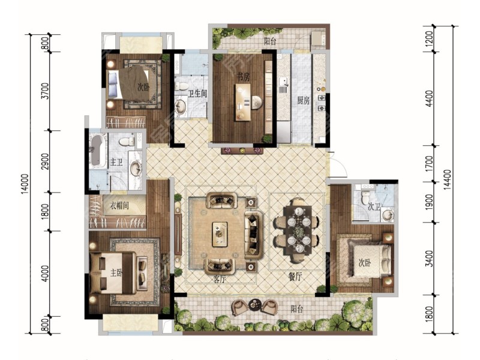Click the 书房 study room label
coord(243,77)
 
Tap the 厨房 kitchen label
coord(304,100)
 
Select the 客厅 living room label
coord(219,279)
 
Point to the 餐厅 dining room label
coord(295,277)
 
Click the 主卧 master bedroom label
coord(116,273)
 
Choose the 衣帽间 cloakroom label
coord(119,205)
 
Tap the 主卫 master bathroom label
coord(116,162)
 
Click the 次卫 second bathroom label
coord(374,207)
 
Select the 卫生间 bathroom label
coord(197,94)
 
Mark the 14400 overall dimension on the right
coord(447,179)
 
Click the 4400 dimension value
coord(430,98)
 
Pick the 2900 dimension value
coord(45,161)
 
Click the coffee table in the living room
coord(220,234)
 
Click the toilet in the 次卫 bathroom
coord(365,198)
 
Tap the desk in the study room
coord(243,102)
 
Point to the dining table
coord(298,230)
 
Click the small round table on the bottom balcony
coord(254,305)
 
